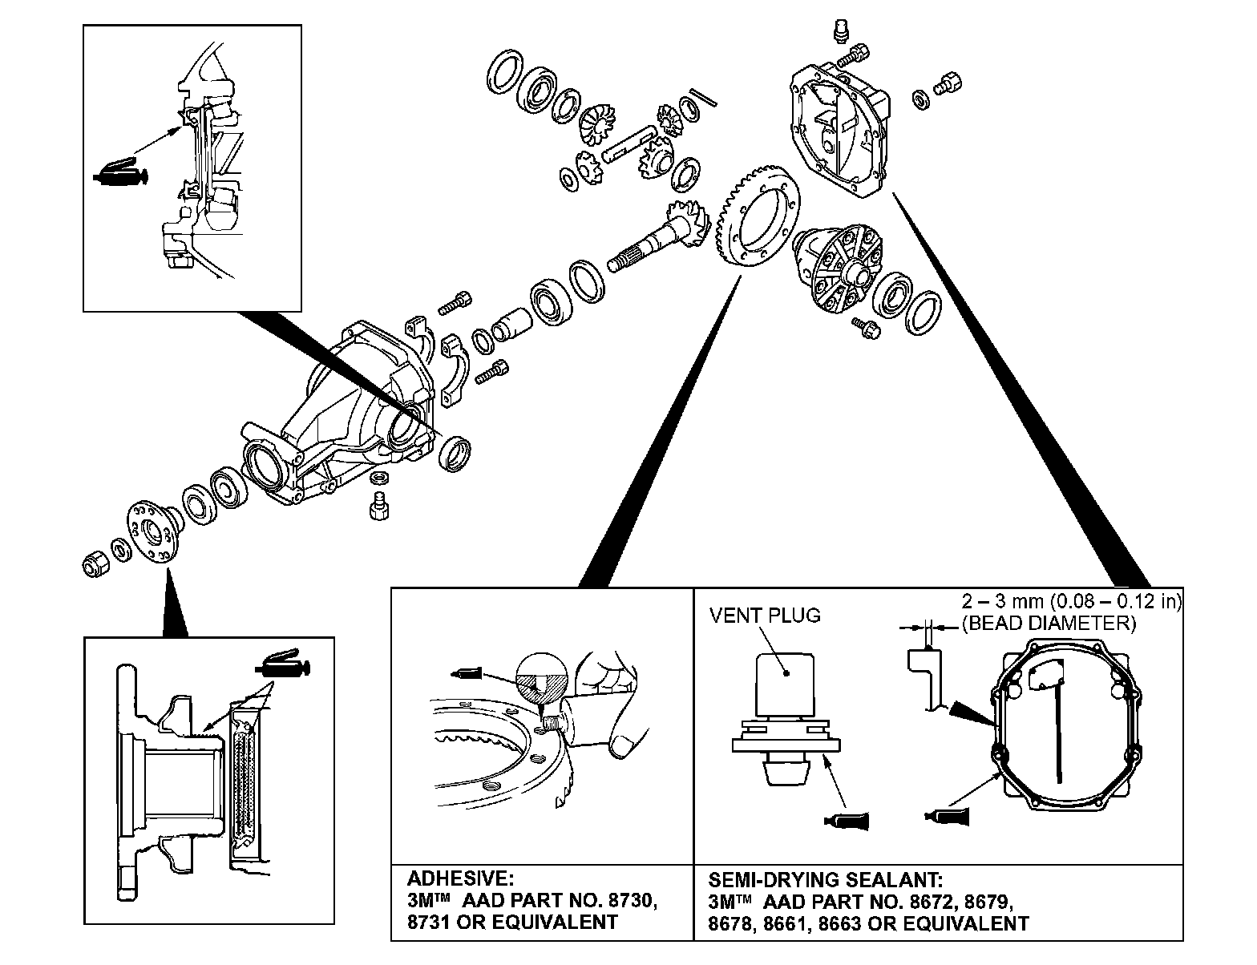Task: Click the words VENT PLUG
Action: pyautogui.click(x=765, y=616)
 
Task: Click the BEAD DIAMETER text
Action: pyautogui.click(x=1049, y=623)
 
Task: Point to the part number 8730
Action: pyautogui.click(x=628, y=900)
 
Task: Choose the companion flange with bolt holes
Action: pyautogui.click(x=152, y=532)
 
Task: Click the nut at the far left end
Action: pyautogui.click(x=95, y=563)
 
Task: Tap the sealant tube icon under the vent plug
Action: pyautogui.click(x=844, y=819)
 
